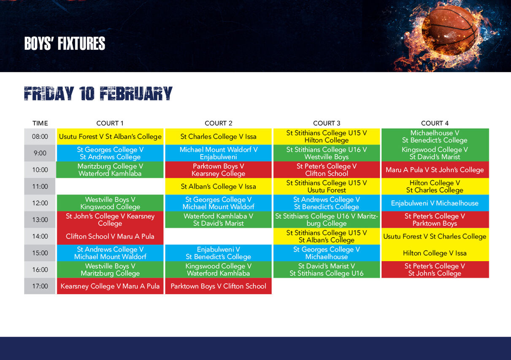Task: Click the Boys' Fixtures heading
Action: coord(65,44)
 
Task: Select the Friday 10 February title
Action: coord(98,94)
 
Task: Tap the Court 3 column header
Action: coord(327,123)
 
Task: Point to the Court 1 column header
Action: coord(110,123)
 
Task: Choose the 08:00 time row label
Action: coord(40,137)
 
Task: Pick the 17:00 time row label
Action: coord(40,286)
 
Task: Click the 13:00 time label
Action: coord(40,220)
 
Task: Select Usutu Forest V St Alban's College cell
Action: coord(110,137)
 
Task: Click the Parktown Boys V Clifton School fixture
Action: coord(218,286)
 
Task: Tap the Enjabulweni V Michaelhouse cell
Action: coord(435,203)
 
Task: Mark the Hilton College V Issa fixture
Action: coord(435,253)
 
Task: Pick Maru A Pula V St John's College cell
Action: coord(435,170)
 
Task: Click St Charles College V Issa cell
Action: coord(218,137)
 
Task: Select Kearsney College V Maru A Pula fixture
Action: coord(110,286)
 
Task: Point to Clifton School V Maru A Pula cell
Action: coord(110,236)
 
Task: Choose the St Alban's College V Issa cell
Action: coord(218,187)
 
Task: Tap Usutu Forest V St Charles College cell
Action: coord(435,236)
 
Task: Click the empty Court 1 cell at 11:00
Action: coord(110,187)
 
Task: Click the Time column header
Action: coord(40,123)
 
